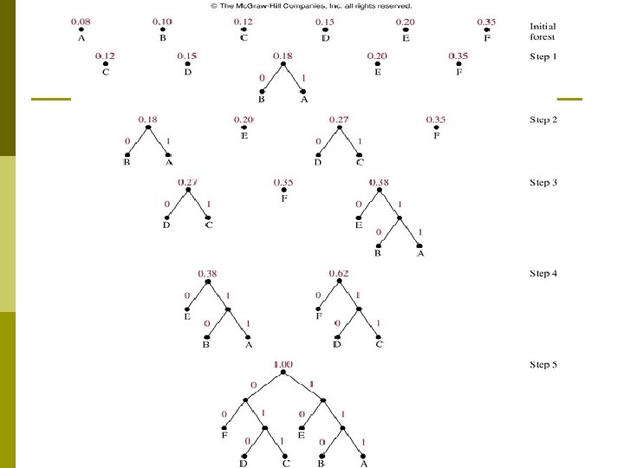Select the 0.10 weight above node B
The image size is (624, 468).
[162, 22]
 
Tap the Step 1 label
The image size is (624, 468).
[543, 57]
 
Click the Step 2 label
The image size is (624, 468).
[543, 120]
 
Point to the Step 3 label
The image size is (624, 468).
[543, 183]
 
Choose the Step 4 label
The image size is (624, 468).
[543, 275]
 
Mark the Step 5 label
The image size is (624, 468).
[543, 365]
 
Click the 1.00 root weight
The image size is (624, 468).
[283, 366]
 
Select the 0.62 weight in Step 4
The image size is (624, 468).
[339, 275]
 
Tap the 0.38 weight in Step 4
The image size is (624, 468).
[208, 275]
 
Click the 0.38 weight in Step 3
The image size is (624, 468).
[379, 183]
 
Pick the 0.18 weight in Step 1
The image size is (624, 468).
[283, 57]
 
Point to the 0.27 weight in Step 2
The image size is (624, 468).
[340, 120]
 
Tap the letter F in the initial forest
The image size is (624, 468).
[487, 38]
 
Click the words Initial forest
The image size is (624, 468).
[543, 31]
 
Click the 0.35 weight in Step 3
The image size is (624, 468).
[283, 183]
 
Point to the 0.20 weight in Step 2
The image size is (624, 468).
[244, 120]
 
